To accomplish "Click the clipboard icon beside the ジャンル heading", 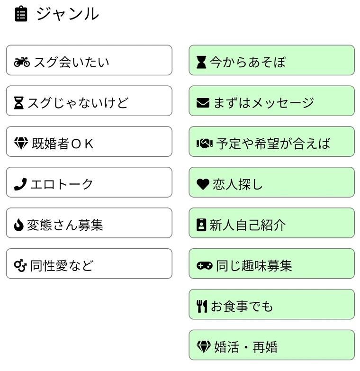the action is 21,14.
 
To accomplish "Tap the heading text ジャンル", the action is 67,14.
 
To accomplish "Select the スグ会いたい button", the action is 89,60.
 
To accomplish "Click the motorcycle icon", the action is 22,62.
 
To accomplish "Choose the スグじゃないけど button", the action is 89,101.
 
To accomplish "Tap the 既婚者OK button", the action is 89,142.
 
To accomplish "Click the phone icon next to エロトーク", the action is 20,184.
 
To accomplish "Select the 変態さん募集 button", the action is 89,223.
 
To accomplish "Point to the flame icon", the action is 18,225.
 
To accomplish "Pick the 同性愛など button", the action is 89,264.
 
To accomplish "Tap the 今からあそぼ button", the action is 271,60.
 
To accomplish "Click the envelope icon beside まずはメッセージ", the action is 203,103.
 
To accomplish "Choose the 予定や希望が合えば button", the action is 271,142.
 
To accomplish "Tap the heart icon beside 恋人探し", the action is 203,184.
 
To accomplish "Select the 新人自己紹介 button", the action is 271,223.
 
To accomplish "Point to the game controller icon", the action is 205,266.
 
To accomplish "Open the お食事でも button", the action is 271,305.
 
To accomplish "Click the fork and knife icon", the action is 202,307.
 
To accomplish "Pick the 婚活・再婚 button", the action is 271,345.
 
